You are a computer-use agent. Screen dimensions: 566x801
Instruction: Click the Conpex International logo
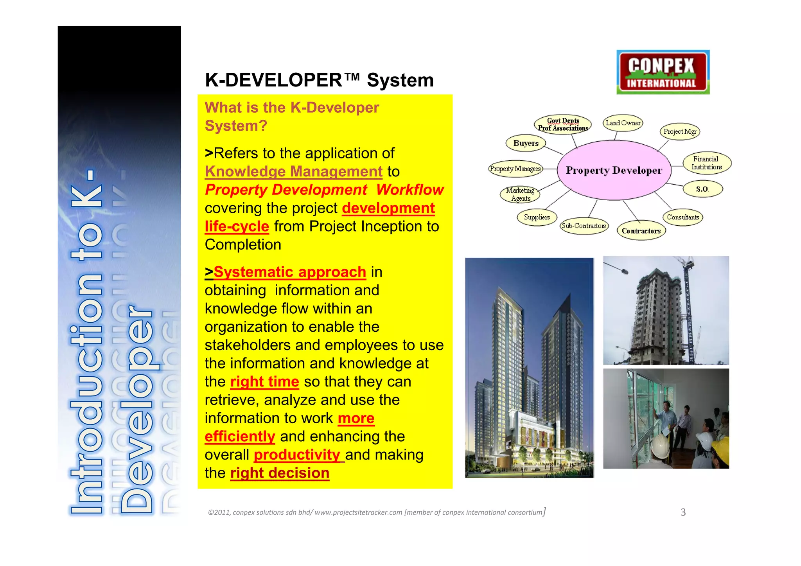click(x=663, y=72)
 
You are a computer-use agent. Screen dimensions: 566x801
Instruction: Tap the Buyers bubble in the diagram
click(x=526, y=143)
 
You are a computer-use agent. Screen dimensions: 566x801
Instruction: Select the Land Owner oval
click(x=623, y=123)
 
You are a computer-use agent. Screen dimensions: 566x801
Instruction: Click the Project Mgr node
click(x=680, y=131)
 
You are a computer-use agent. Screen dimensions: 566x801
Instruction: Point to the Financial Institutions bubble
click(x=706, y=163)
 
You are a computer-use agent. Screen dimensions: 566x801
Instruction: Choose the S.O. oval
click(x=702, y=189)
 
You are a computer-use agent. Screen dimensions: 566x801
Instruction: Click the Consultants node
click(x=682, y=217)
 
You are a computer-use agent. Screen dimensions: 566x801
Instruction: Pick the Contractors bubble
click(x=641, y=231)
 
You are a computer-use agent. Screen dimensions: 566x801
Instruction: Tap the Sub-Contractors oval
click(x=584, y=226)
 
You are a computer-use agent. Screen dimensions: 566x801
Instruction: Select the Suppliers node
click(x=537, y=217)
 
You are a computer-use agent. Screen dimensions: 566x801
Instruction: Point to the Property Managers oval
click(x=515, y=169)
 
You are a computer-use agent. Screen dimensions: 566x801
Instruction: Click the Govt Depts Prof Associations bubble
click(x=563, y=124)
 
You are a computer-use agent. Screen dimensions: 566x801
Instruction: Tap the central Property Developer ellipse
click(x=614, y=170)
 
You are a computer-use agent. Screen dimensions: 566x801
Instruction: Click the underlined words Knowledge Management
click(x=293, y=171)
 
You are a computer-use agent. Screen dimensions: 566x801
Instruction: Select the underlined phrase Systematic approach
click(x=289, y=272)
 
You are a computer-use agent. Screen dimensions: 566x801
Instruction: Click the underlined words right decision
click(x=280, y=473)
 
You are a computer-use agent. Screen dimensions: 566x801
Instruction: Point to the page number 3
click(x=683, y=512)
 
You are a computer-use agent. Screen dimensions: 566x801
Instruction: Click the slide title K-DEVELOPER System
click(x=319, y=80)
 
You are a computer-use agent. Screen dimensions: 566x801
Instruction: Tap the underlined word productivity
click(x=297, y=455)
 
